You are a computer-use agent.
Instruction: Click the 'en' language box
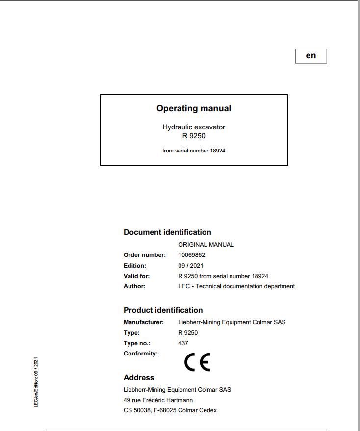coord(311,56)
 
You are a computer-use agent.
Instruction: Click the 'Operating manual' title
coord(194,108)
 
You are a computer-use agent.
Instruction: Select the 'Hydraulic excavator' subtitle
coord(194,127)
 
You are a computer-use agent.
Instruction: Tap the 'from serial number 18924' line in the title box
coord(194,151)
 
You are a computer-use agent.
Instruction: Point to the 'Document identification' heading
coord(167,232)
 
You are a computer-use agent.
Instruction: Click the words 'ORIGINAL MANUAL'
coord(206,244)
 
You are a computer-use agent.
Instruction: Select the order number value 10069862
coord(191,255)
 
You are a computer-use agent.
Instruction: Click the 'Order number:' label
coord(145,255)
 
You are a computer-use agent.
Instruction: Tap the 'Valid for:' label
coord(137,276)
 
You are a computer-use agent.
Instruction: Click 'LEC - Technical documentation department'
coord(236,286)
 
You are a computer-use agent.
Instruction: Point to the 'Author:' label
coord(134,286)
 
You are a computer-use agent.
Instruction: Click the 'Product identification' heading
coord(163,310)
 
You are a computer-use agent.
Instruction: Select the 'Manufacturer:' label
coord(144,322)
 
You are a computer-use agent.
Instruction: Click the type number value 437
coord(183,343)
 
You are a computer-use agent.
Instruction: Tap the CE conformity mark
coord(197,362)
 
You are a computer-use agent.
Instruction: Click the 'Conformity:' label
coord(141,354)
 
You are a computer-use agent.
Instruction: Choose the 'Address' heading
coord(139,378)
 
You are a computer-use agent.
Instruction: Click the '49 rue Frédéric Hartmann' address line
coord(158,400)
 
